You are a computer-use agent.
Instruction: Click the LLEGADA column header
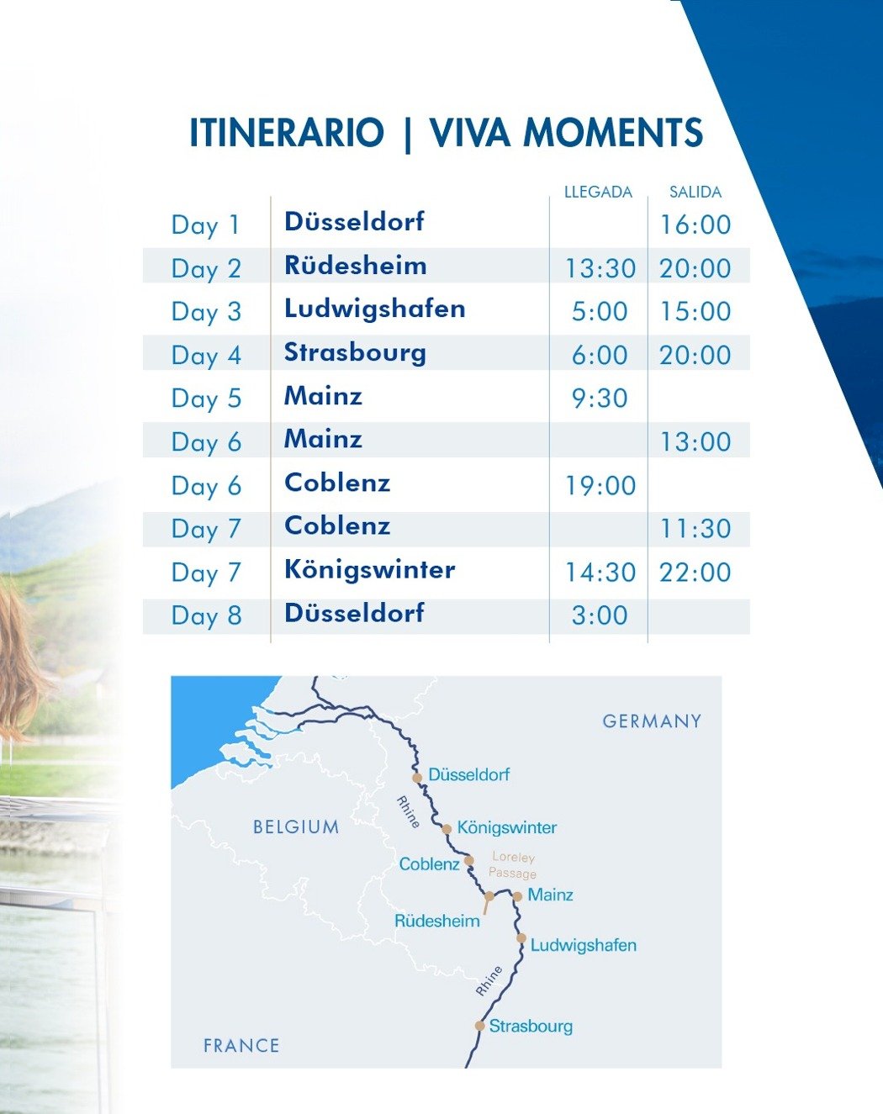point(598,192)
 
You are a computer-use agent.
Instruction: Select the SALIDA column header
point(695,192)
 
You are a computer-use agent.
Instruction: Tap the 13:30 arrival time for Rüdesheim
point(600,268)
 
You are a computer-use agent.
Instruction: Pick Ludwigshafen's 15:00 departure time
point(695,311)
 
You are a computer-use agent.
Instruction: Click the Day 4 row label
point(206,355)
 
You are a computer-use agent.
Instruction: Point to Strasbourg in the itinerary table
point(355,354)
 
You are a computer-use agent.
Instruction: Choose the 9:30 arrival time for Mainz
point(600,398)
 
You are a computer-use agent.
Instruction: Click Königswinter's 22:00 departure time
point(695,572)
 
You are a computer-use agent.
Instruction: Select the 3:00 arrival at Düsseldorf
point(600,615)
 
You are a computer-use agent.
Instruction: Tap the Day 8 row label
point(206,615)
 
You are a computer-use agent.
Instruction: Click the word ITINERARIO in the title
point(287,133)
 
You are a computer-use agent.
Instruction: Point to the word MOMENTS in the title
point(613,133)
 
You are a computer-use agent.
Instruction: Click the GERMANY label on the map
point(652,721)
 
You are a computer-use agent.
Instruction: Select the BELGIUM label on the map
point(296,826)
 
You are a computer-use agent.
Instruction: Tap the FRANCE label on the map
point(241,1046)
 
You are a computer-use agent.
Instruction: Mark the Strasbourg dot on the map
point(479,1026)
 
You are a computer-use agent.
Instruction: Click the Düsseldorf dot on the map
point(417,778)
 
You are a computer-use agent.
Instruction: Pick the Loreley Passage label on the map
point(512,865)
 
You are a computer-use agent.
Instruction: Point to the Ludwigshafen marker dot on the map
point(521,938)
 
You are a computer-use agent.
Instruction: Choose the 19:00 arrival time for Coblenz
point(600,486)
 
